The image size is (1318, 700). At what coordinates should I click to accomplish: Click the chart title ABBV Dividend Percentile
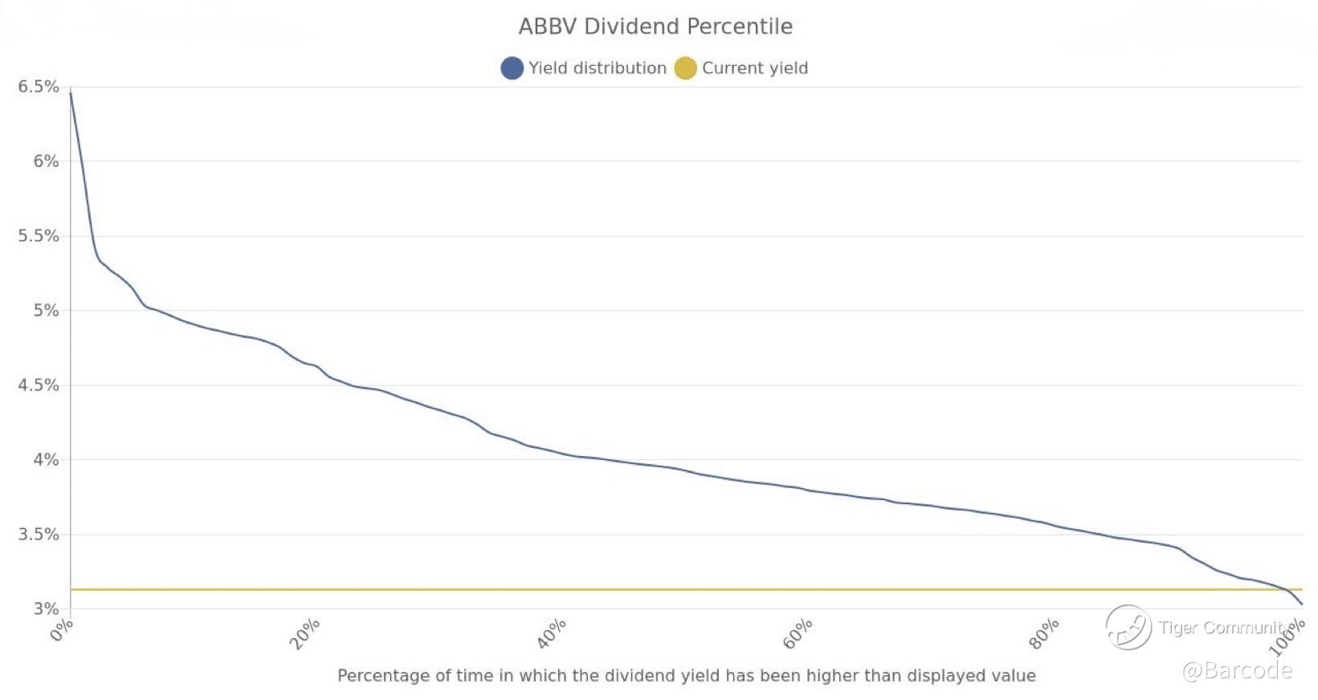[x=655, y=26]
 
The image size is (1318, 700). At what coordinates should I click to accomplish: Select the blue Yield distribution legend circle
[x=512, y=68]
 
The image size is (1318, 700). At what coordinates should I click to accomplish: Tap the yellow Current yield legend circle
[x=685, y=68]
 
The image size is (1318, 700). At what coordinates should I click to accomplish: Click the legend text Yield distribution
[x=597, y=68]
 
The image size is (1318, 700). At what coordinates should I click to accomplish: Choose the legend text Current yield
[x=755, y=68]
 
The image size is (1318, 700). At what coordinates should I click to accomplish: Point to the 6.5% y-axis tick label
[x=39, y=87]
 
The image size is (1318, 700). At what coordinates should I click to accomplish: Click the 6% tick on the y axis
[x=46, y=161]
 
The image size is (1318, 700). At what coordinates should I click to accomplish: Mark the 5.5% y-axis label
[x=39, y=236]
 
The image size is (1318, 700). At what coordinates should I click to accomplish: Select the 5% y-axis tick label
[x=46, y=311]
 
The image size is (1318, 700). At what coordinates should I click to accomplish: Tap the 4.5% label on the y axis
[x=39, y=385]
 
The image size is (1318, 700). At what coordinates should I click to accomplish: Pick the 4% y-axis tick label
[x=46, y=460]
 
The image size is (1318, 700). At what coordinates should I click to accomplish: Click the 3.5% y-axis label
[x=39, y=535]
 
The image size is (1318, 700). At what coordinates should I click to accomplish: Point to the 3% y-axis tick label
[x=46, y=608]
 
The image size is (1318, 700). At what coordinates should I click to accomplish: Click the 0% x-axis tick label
[x=62, y=631]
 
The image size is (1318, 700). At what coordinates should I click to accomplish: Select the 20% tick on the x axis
[x=305, y=634]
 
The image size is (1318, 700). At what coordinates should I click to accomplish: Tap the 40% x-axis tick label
[x=552, y=634]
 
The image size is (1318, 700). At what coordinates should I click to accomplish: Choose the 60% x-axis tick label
[x=798, y=634]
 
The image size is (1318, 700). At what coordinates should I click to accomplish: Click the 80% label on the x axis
[x=1044, y=634]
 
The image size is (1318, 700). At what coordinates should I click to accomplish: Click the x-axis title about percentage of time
[x=686, y=676]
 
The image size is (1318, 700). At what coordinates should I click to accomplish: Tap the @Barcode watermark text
[x=1237, y=670]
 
